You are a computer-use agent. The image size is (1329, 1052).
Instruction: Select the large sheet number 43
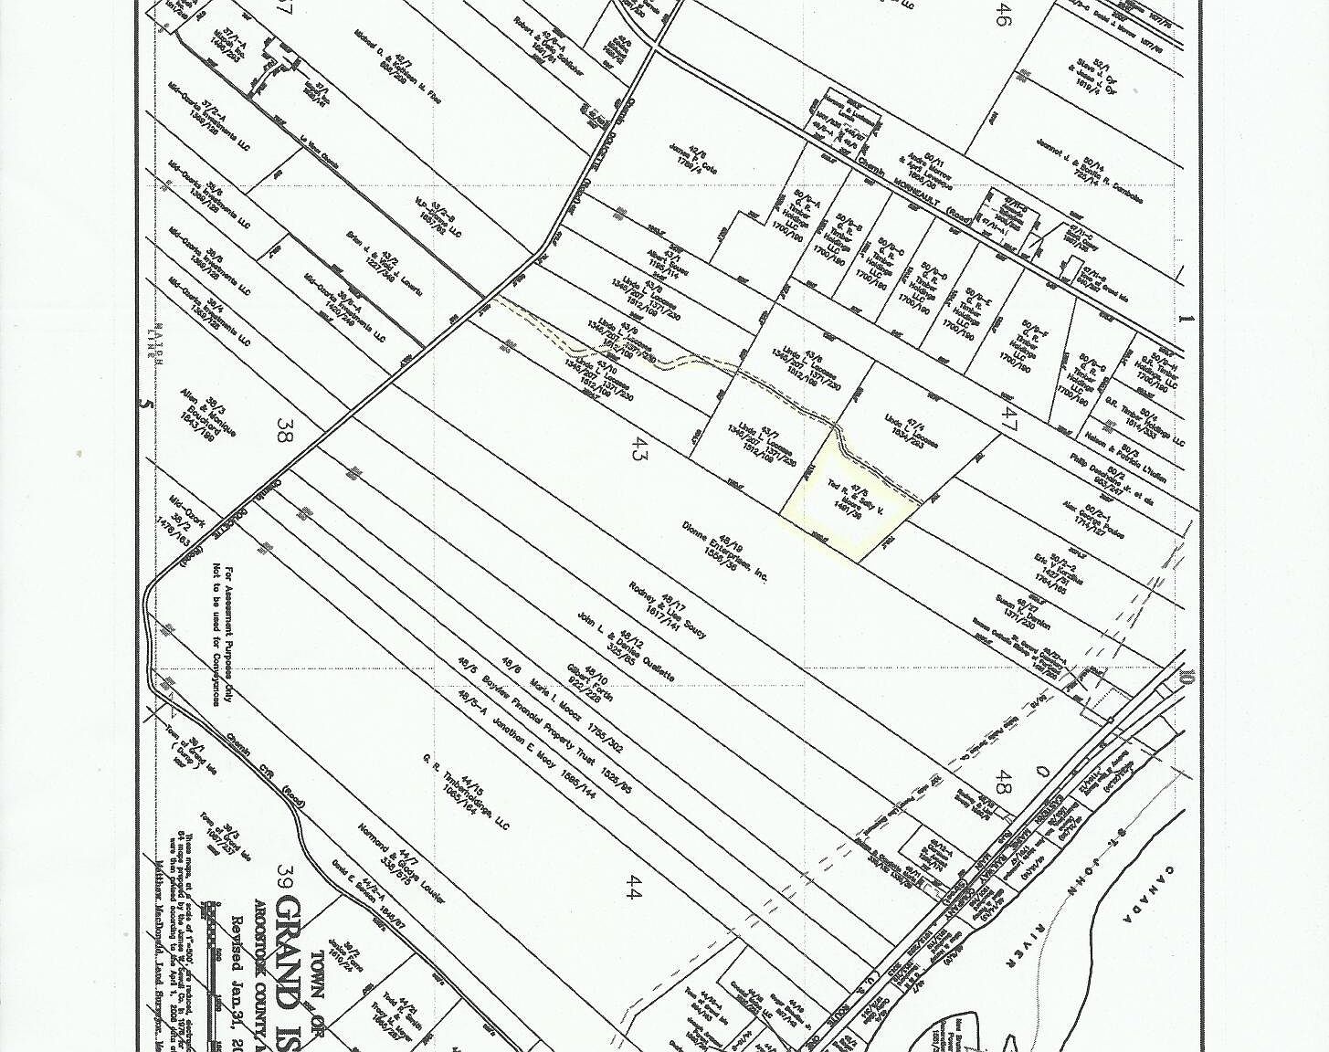[638, 448]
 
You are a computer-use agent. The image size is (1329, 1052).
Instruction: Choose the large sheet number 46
[1002, 15]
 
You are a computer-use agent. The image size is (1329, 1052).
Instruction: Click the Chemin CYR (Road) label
[266, 777]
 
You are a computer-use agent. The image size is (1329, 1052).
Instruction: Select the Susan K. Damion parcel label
[1024, 612]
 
